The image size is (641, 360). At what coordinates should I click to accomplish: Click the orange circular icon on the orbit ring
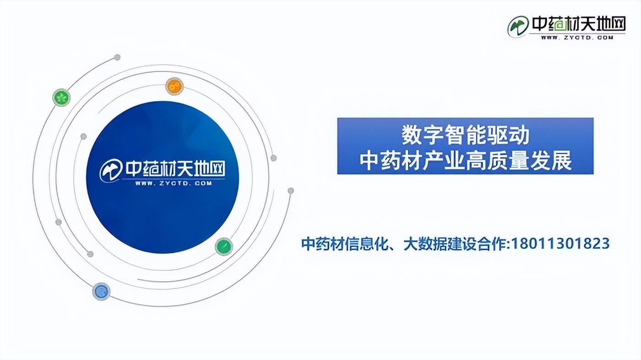tap(174, 86)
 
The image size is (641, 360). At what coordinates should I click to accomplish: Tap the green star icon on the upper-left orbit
tap(61, 98)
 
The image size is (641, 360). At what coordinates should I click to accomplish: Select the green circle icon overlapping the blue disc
tap(224, 246)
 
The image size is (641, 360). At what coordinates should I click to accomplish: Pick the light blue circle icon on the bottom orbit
tap(101, 292)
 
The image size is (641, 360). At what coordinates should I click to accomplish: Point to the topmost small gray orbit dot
tap(117, 57)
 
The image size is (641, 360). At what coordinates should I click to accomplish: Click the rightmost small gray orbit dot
tap(290, 191)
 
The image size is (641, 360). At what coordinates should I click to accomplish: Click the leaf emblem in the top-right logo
tap(518, 26)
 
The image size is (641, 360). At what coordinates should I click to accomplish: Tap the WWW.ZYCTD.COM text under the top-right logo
tap(577, 37)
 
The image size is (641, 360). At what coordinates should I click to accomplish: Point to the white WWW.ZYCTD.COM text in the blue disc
tap(174, 183)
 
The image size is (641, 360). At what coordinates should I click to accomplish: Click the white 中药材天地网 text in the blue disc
tap(175, 169)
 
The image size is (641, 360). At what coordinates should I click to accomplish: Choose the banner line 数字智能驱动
tap(465, 135)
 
